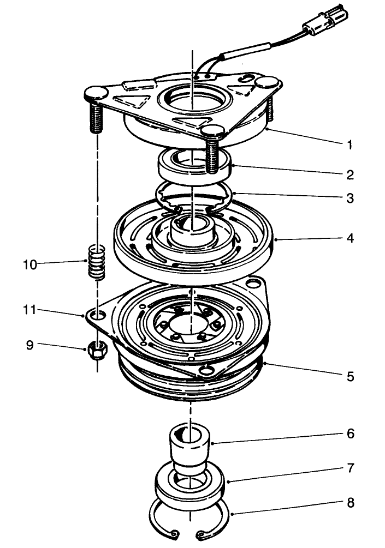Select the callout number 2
click(x=350, y=175)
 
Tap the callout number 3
click(x=350, y=198)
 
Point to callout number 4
click(x=350, y=238)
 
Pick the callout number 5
click(x=350, y=376)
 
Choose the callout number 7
click(x=350, y=468)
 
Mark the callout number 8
click(x=350, y=502)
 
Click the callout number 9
click(x=29, y=345)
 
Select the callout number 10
click(x=29, y=264)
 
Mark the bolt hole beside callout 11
click(x=98, y=316)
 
